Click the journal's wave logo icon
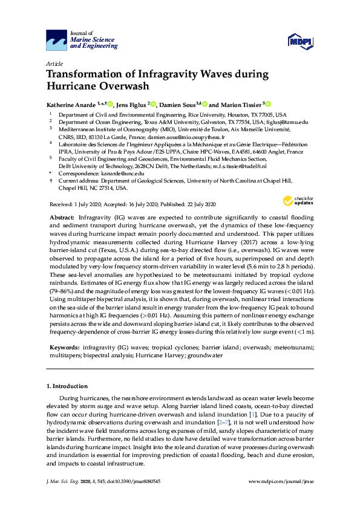57,41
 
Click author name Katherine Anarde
74,104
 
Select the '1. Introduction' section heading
67,386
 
